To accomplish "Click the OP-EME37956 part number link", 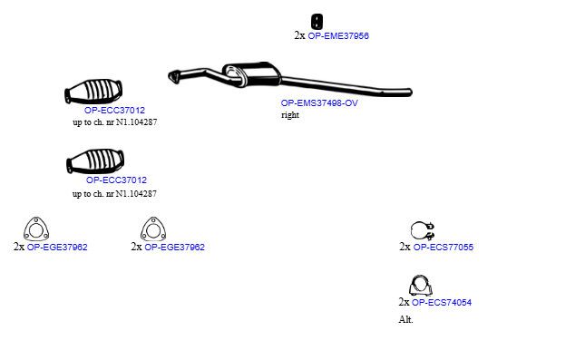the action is tap(338, 35).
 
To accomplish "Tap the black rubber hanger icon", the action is tap(317, 21).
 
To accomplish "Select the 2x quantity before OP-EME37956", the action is tap(299, 35).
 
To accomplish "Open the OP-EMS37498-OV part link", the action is tap(319, 103).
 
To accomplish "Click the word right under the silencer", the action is tap(290, 115).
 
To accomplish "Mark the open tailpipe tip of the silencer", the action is tap(409, 92).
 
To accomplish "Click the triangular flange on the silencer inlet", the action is tap(173, 77).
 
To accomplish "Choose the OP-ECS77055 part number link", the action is tap(444, 247).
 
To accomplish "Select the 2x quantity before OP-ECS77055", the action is tap(405, 247).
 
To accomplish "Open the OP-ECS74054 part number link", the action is tap(442, 302).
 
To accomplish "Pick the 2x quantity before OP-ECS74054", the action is tap(404, 302).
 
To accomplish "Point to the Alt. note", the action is tap(406, 320).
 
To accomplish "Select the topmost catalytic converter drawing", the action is tap(93, 92).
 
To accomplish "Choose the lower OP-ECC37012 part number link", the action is tap(116, 180).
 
